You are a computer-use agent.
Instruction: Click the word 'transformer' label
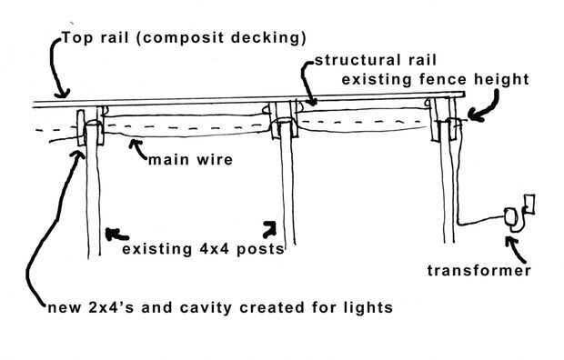478,271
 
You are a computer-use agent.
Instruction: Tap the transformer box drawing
510,216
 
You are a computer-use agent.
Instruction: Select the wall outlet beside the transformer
529,204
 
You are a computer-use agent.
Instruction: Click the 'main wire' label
190,160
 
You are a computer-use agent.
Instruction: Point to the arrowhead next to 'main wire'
134,144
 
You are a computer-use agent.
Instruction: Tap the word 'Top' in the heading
77,38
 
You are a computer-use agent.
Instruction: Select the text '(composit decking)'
222,38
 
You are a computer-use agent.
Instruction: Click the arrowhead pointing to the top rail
62,94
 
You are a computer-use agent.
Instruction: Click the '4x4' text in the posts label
214,249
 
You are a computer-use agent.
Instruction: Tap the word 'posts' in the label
260,249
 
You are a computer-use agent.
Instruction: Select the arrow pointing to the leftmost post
116,235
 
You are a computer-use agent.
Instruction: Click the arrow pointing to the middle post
269,229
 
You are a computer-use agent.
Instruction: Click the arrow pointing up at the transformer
515,250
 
